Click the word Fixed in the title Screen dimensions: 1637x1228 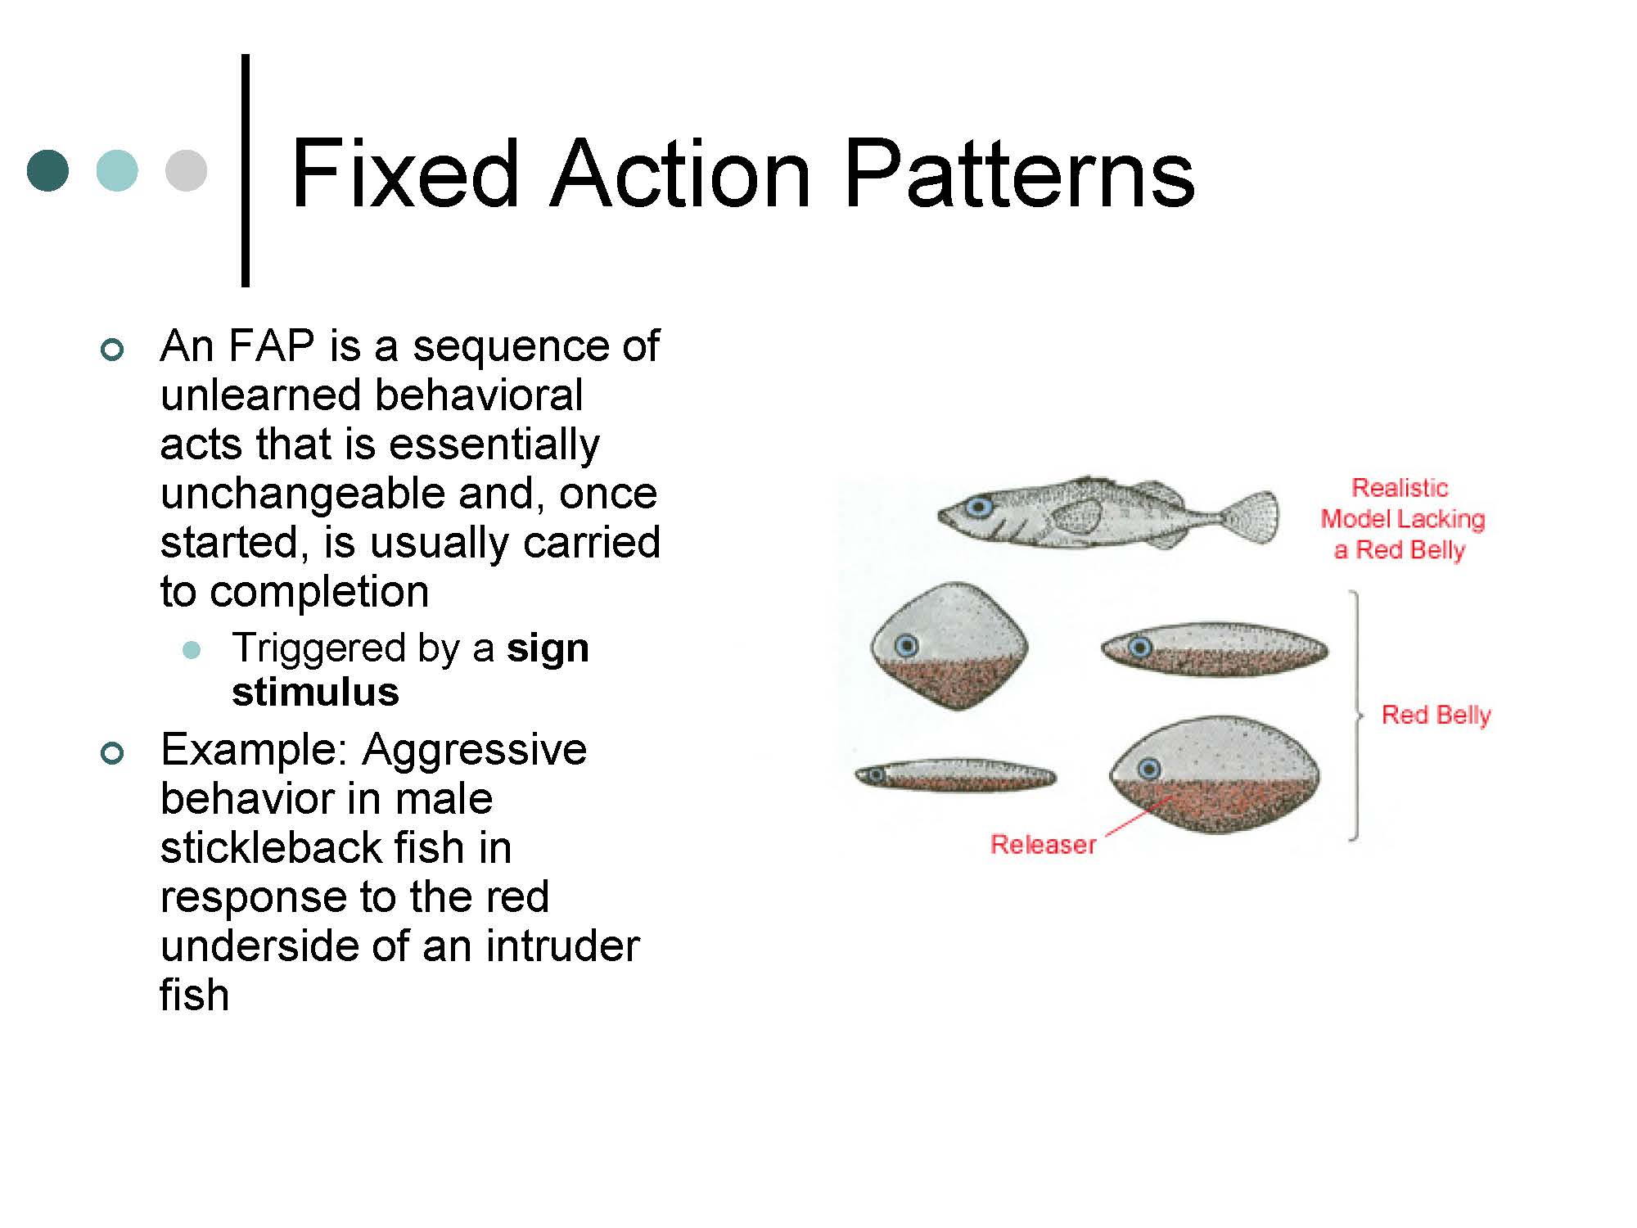[405, 174]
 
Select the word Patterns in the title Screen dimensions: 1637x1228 [1019, 174]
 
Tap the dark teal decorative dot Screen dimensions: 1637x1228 [48, 170]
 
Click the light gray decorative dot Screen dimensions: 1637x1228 [186, 170]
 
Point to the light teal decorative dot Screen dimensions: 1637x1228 [117, 170]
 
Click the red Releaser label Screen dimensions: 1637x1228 [1043, 844]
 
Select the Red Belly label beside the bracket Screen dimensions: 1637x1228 [1436, 715]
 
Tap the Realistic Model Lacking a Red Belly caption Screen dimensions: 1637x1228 [1402, 519]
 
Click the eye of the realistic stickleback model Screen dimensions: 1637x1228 [979, 507]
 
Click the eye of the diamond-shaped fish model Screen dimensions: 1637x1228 [906, 646]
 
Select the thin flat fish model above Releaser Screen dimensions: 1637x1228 [955, 774]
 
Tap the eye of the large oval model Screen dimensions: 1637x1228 [1149, 769]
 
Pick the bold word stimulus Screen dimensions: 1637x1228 [316, 693]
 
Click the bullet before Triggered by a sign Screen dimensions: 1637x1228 [192, 651]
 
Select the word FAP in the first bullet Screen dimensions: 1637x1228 [272, 345]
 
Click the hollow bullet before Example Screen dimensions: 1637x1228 [112, 753]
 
